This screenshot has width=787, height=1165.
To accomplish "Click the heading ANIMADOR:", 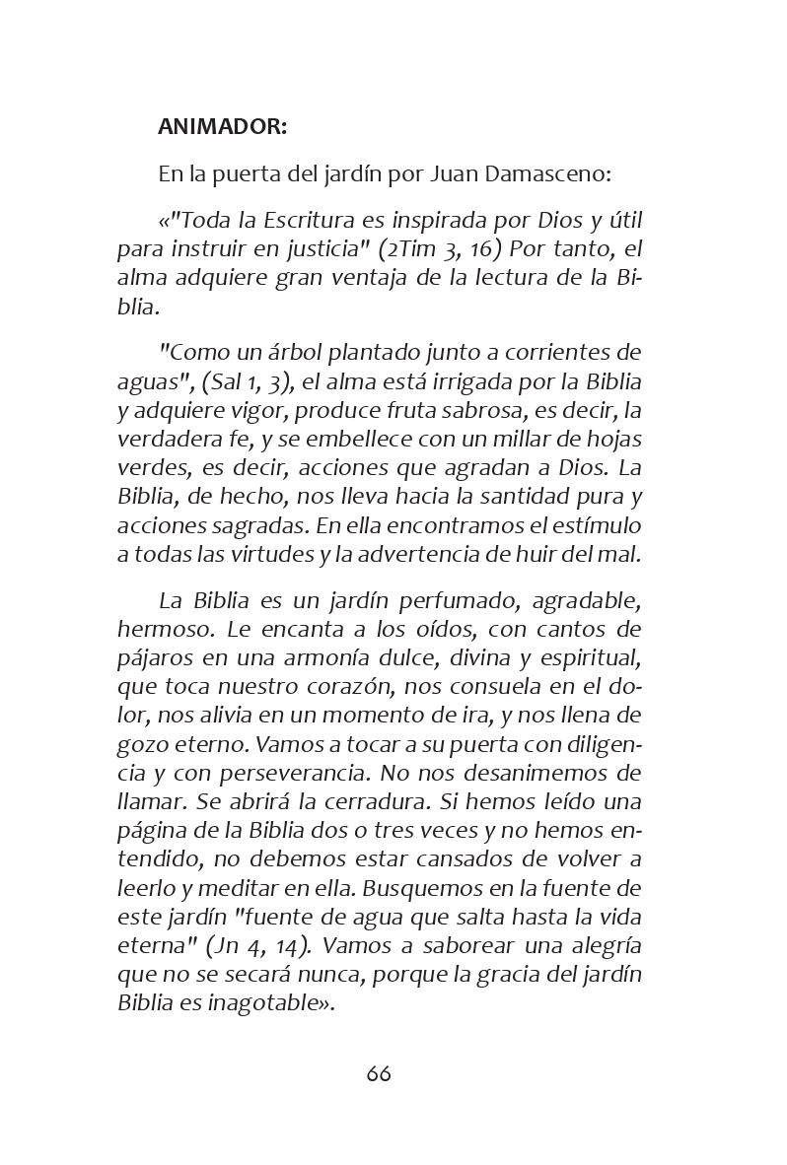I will click(223, 126).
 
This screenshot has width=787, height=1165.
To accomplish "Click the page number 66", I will click(379, 1073).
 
